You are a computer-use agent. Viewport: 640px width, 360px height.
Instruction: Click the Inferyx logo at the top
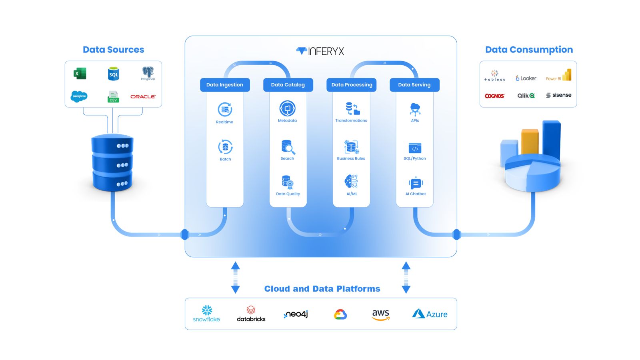click(x=320, y=51)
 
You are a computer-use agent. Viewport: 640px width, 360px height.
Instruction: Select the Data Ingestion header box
click(x=225, y=85)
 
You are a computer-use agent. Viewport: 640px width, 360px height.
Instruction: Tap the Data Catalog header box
click(x=288, y=85)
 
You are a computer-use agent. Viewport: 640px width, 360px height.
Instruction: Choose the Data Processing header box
click(x=352, y=85)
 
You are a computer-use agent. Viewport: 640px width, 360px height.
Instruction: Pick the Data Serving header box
click(x=414, y=85)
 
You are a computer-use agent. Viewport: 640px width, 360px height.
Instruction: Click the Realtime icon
click(x=225, y=110)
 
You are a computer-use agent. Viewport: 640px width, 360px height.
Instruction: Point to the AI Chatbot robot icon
click(x=416, y=183)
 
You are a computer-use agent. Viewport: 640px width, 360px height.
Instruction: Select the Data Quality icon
click(x=288, y=182)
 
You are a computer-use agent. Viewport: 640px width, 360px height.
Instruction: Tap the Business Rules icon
click(x=351, y=147)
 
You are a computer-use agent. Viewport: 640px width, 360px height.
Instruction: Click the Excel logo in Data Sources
click(x=80, y=74)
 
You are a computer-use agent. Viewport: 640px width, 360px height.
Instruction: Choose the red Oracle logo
click(x=143, y=96)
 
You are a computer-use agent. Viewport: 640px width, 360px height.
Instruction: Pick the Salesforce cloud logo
click(x=79, y=96)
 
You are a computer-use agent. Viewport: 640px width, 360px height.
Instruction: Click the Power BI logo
click(x=559, y=76)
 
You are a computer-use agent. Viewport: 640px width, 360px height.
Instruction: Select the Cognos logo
click(x=494, y=96)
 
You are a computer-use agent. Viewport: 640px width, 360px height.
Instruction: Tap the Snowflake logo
click(x=206, y=314)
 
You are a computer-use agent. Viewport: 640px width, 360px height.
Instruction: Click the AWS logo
click(x=380, y=314)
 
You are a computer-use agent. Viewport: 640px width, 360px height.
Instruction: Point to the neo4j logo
click(x=296, y=314)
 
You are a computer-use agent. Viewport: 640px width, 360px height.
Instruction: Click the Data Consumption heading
click(x=529, y=50)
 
